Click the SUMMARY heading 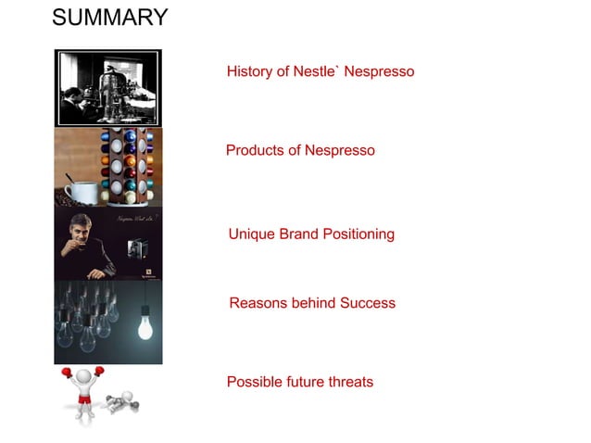click(x=110, y=18)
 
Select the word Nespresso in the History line click(x=379, y=71)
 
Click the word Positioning click(x=358, y=234)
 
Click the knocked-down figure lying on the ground click(x=120, y=406)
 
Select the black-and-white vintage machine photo click(x=108, y=88)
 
